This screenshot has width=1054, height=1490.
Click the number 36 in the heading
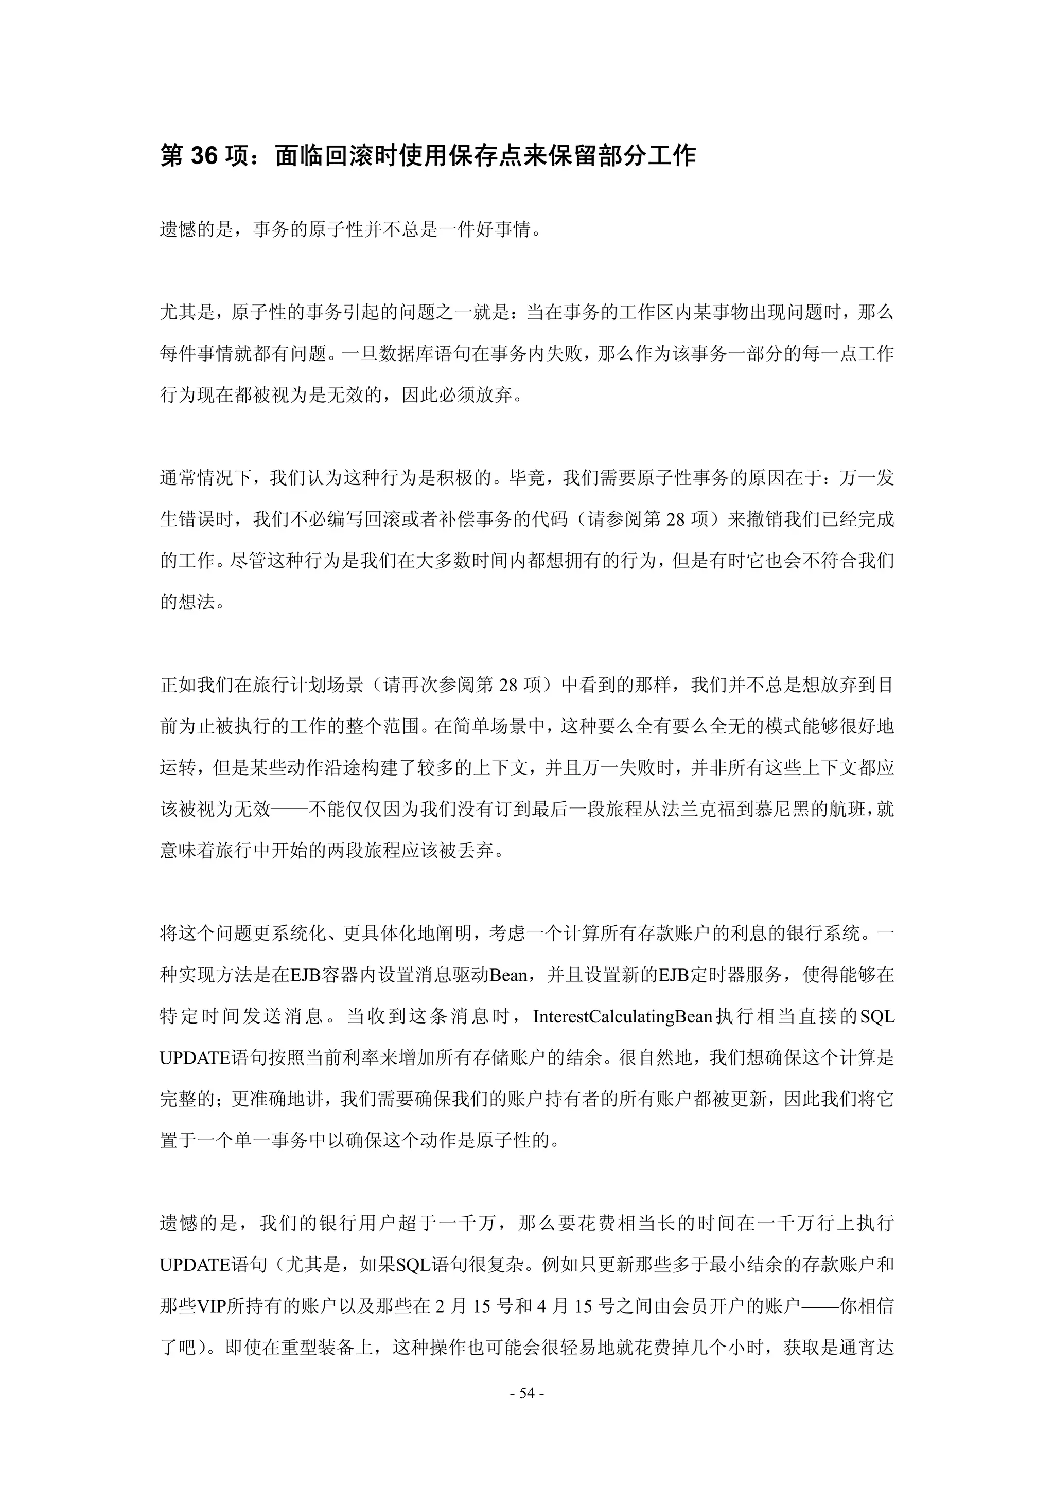(204, 156)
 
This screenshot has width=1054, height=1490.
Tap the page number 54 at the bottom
(526, 1393)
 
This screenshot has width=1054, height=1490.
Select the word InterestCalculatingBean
(622, 1016)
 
